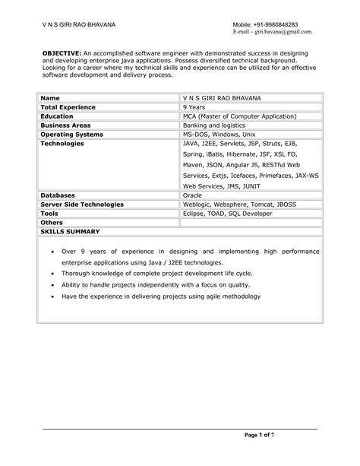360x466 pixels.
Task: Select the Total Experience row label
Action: tap(69, 108)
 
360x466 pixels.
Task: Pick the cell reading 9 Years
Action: tap(196, 108)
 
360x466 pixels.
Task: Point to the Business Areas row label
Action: tap(65, 125)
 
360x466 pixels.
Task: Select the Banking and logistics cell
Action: tap(213, 125)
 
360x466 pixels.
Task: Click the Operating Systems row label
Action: tap(71, 133)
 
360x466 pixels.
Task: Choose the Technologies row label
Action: tap(63, 142)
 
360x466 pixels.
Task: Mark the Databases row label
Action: tap(58, 195)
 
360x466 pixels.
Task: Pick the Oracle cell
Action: tap(193, 195)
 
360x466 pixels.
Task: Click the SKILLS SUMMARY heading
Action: tap(70, 231)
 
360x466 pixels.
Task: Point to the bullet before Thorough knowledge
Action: tap(51, 272)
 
